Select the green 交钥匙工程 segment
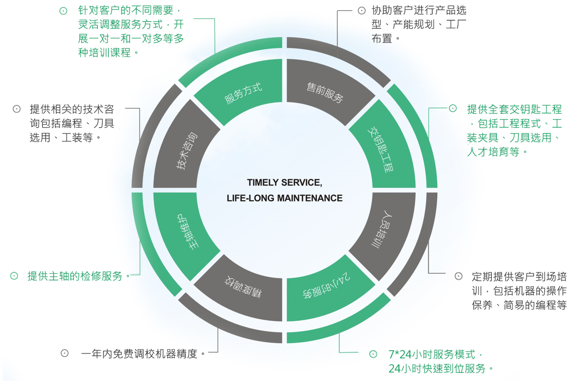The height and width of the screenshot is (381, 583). pos(382,149)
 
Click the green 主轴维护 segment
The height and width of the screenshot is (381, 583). pos(186,230)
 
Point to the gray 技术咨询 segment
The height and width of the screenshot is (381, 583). pos(186,149)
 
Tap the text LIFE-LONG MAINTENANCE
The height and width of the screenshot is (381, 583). pos(284,198)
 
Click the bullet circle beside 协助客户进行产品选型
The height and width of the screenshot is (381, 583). pos(362,10)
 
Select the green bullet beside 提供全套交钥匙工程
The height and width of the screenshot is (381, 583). pos(452,108)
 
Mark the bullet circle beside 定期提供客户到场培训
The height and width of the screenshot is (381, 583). pos(458,276)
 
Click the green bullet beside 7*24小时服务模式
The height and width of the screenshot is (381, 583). pos(374,354)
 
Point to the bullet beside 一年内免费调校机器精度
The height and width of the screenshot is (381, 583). pos(65,353)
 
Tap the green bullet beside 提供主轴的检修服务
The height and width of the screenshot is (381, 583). pos(14,276)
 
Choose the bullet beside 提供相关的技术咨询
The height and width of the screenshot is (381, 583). pos(17,109)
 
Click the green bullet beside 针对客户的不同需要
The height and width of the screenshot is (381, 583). pos(63,10)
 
